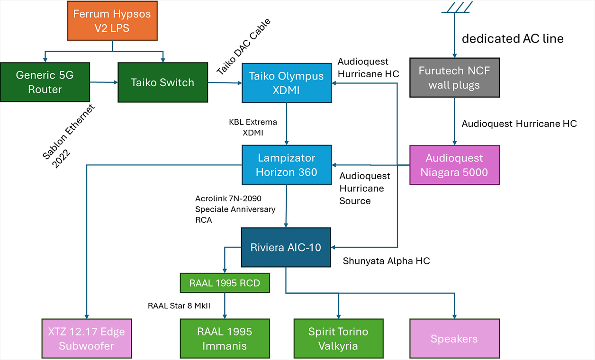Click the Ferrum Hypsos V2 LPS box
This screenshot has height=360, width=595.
pyautogui.click(x=112, y=21)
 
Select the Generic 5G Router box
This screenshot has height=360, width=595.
pyautogui.click(x=45, y=82)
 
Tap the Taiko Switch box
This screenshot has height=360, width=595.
pyautogui.click(x=162, y=82)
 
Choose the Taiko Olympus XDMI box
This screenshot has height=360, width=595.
pyautogui.click(x=287, y=83)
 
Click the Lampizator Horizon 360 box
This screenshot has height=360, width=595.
pyautogui.click(x=287, y=164)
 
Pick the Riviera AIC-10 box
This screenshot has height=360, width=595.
pyautogui.click(x=287, y=247)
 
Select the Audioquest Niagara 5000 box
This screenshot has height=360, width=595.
pyautogui.click(x=454, y=165)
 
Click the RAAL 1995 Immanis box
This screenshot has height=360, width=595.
pyautogui.click(x=225, y=338)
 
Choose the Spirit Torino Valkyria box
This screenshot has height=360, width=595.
pyautogui.click(x=338, y=338)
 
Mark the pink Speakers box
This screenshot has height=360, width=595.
pyautogui.click(x=454, y=338)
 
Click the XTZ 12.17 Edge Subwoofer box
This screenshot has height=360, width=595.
pyautogui.click(x=86, y=338)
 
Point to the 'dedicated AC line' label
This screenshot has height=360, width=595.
pyautogui.click(x=513, y=39)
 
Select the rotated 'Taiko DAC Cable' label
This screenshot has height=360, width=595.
pyautogui.click(x=243, y=46)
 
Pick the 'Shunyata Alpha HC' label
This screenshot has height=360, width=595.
pyautogui.click(x=386, y=261)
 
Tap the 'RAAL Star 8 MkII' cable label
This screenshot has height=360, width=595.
pyautogui.click(x=179, y=306)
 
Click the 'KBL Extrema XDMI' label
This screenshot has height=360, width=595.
pyautogui.click(x=252, y=127)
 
